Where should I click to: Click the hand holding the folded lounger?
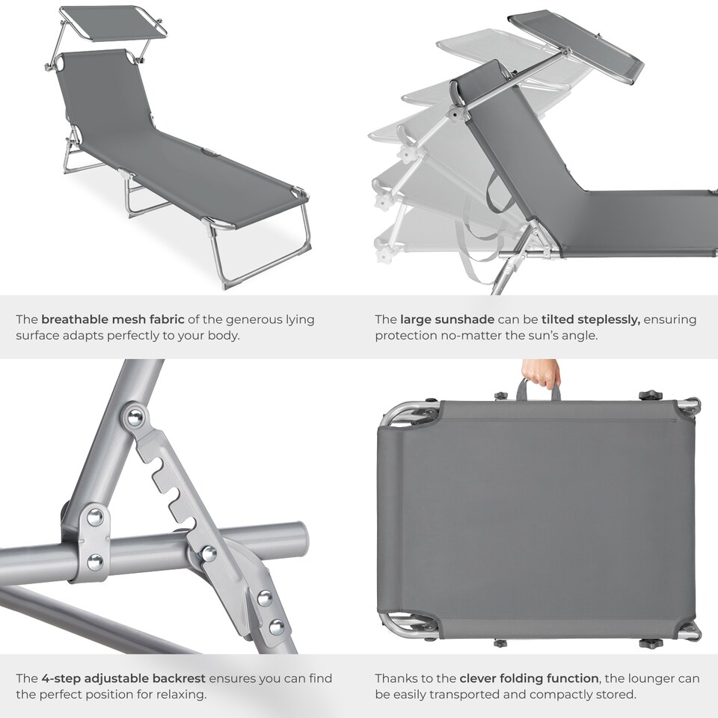coord(541,372)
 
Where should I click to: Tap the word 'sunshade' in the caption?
coord(464,319)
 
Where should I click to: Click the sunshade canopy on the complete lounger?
coord(112,23)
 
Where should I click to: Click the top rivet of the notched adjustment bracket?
coord(135,417)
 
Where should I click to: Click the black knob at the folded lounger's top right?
coord(650,394)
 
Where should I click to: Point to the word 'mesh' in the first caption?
coord(138,319)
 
